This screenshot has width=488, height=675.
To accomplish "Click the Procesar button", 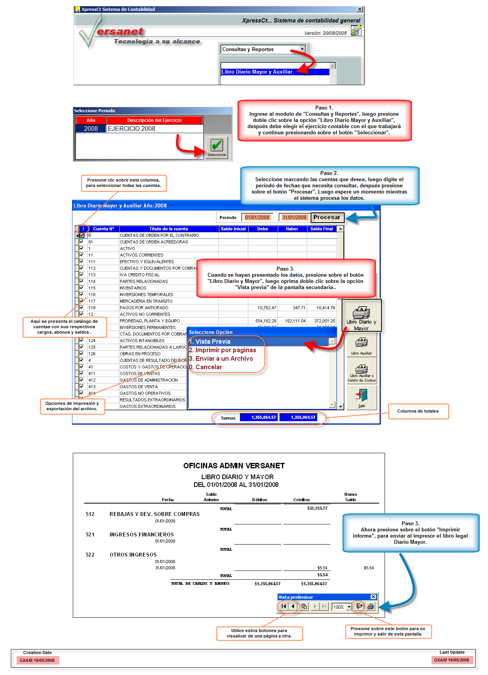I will (x=327, y=218).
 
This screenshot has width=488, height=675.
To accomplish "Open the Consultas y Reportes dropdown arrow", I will (x=302, y=49).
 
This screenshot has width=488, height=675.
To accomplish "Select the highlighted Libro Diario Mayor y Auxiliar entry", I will (x=257, y=72).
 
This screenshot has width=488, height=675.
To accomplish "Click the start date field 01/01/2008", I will (x=257, y=218).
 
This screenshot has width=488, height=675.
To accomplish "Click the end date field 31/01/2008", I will (x=294, y=218).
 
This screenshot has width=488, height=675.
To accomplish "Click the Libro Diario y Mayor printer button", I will (x=361, y=315).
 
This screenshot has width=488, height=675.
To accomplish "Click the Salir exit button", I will (x=361, y=397).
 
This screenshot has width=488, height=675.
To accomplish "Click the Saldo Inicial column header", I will (x=233, y=229).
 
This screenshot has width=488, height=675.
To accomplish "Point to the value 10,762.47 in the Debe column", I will (x=267, y=308).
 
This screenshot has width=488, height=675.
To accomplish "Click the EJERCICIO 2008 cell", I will (x=132, y=128).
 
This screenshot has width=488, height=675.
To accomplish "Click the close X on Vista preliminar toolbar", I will (x=373, y=597).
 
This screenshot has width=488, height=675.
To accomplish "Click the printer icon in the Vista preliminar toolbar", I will (x=371, y=606).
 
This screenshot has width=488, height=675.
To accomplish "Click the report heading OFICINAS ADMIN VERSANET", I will (x=234, y=466).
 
